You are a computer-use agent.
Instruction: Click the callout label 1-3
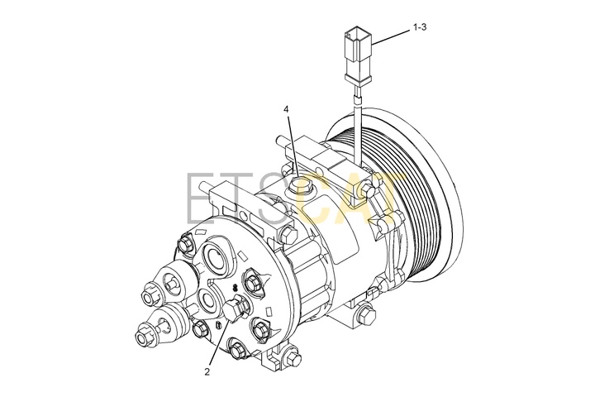pyautogui.click(x=419, y=27)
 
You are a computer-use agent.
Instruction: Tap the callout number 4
pyautogui.click(x=286, y=109)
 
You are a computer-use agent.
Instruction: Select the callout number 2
pyautogui.click(x=207, y=372)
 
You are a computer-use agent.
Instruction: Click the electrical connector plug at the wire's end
pyautogui.click(x=357, y=56)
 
